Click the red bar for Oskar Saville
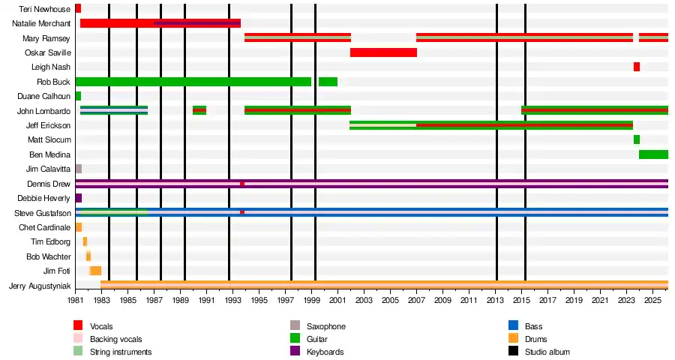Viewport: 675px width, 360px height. coord(383,52)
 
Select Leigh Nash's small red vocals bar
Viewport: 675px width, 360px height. coord(636,67)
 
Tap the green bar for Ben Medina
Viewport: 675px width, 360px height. coord(653,154)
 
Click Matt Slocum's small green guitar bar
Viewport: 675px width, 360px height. coord(636,139)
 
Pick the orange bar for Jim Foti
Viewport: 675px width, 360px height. coord(95,271)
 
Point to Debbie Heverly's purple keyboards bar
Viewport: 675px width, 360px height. coord(78,198)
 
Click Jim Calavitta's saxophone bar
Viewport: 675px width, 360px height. coord(78,169)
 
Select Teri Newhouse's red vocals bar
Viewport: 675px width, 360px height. coord(78,8)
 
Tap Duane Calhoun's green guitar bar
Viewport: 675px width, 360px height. coord(78,96)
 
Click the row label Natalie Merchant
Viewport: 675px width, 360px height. coord(41,23)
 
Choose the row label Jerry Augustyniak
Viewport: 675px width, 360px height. coord(40,286)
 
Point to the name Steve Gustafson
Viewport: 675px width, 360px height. coord(43,213)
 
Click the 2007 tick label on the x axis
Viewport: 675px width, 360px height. coord(416,300)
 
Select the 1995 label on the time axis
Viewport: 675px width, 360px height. coord(259,300)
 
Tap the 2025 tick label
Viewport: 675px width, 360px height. coord(652,300)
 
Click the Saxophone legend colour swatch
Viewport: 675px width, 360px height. coord(295,325)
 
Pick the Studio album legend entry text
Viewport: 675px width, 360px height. coord(547,352)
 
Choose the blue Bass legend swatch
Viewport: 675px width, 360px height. coord(513,325)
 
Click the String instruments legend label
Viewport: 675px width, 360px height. coord(121,352)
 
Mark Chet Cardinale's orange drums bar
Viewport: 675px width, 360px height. coord(78,227)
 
